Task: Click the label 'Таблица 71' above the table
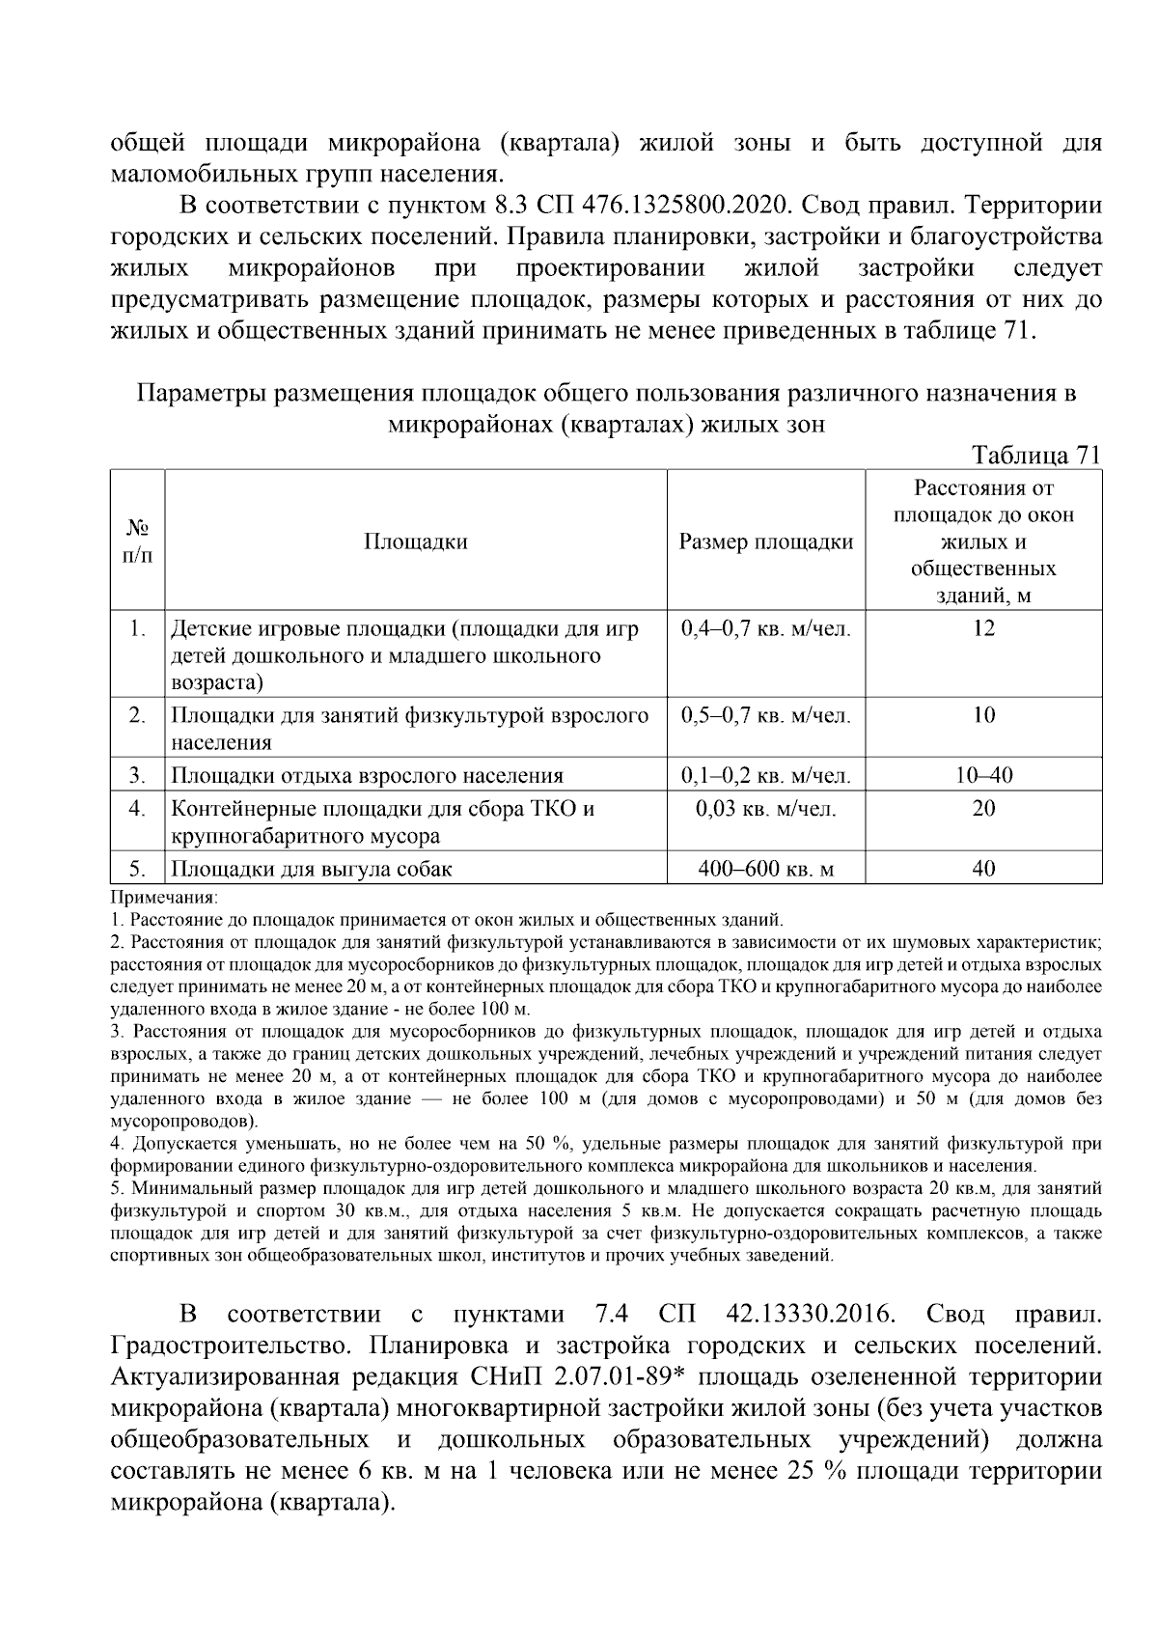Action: coord(1035,456)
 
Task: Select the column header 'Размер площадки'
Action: coord(766,541)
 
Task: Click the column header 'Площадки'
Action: coord(416,541)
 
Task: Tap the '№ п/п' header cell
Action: coord(137,541)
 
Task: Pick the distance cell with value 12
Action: coord(983,629)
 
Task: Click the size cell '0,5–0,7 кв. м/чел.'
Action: coord(766,716)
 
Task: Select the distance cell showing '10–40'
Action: coord(983,775)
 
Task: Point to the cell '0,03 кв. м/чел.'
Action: coord(766,809)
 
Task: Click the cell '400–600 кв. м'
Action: coord(766,869)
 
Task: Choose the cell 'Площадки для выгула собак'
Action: coord(312,869)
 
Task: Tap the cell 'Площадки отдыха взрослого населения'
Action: coord(367,775)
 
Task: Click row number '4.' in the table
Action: coord(137,809)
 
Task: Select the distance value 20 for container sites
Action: coord(983,809)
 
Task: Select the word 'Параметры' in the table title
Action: coord(200,394)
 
